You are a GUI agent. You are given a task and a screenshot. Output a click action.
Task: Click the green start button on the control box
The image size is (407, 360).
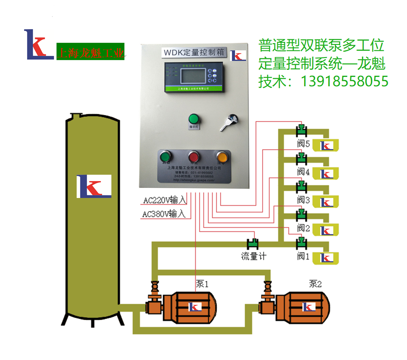[166, 157]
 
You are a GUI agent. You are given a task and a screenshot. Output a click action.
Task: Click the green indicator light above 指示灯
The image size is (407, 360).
[194, 118]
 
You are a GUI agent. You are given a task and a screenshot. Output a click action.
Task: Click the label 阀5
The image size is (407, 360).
[304, 144]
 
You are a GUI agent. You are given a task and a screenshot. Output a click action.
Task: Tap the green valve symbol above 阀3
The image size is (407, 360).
[302, 186]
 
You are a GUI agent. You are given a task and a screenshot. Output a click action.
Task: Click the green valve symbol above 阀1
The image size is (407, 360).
[302, 243]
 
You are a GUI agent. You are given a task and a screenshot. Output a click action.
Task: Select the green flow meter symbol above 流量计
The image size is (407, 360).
[253, 244]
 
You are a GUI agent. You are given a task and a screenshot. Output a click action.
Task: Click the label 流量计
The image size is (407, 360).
[254, 256]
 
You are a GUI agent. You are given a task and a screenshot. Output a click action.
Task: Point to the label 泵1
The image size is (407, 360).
[202, 284]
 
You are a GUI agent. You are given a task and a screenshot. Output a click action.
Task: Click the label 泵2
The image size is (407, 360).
[316, 284]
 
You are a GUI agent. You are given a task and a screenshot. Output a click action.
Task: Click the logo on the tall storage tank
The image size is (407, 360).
[94, 187]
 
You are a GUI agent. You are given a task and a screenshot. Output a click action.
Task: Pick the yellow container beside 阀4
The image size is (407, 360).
[327, 173]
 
